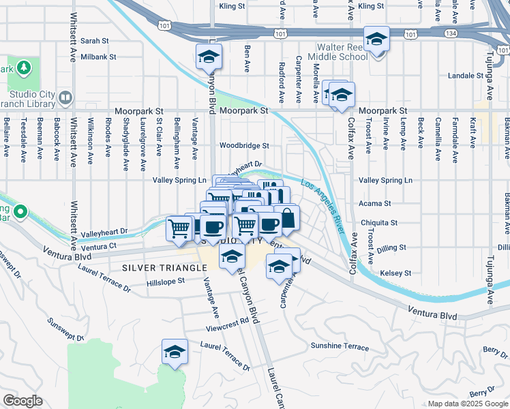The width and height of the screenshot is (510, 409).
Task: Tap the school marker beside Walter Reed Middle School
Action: [376, 40]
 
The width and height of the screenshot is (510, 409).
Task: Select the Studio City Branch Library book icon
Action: [65, 97]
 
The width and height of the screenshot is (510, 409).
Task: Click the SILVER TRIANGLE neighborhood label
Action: [164, 268]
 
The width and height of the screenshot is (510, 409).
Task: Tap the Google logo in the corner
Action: [22, 401]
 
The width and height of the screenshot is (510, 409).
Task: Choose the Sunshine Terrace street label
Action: [340, 347]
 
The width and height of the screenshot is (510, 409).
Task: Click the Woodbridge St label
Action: [244, 145]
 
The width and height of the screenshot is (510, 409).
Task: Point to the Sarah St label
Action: [95, 41]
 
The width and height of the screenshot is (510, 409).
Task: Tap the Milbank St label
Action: [99, 57]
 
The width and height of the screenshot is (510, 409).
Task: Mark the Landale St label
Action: [466, 76]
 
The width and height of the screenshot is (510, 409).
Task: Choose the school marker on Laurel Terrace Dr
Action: [175, 352]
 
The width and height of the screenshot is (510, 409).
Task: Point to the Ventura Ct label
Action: [103, 245]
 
